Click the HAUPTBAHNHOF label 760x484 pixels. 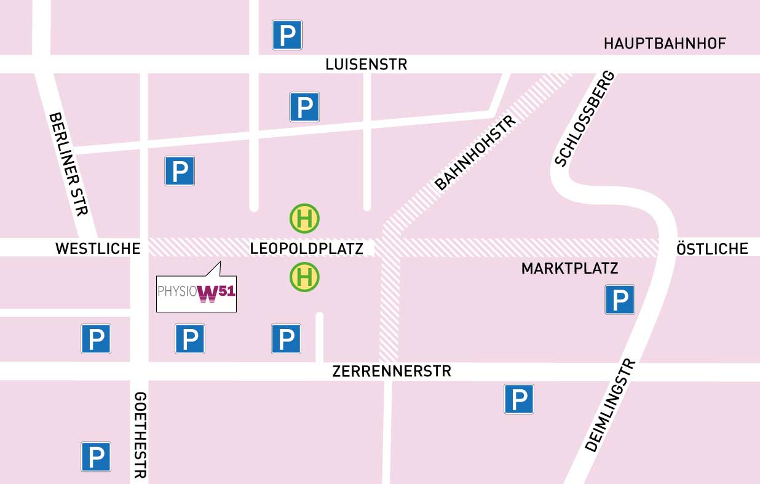(665, 44)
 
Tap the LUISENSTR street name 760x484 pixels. (366, 65)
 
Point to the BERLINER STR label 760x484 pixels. (68, 164)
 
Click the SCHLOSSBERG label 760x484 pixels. (585, 119)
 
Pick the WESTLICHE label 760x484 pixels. (98, 248)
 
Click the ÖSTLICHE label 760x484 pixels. (712, 248)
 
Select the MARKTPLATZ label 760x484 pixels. (569, 269)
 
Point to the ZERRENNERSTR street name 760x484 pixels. (392, 371)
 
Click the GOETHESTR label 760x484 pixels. (140, 435)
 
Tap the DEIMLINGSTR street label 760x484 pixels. (609, 406)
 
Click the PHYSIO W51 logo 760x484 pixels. (196, 292)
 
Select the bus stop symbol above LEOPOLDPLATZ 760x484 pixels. (304, 219)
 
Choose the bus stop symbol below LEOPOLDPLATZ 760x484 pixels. (304, 277)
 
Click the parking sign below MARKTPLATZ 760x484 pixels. (620, 300)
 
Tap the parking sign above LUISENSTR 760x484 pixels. (287, 35)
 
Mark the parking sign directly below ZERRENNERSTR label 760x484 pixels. (519, 399)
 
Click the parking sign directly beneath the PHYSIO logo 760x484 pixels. (190, 339)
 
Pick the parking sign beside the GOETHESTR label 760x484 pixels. (96, 457)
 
